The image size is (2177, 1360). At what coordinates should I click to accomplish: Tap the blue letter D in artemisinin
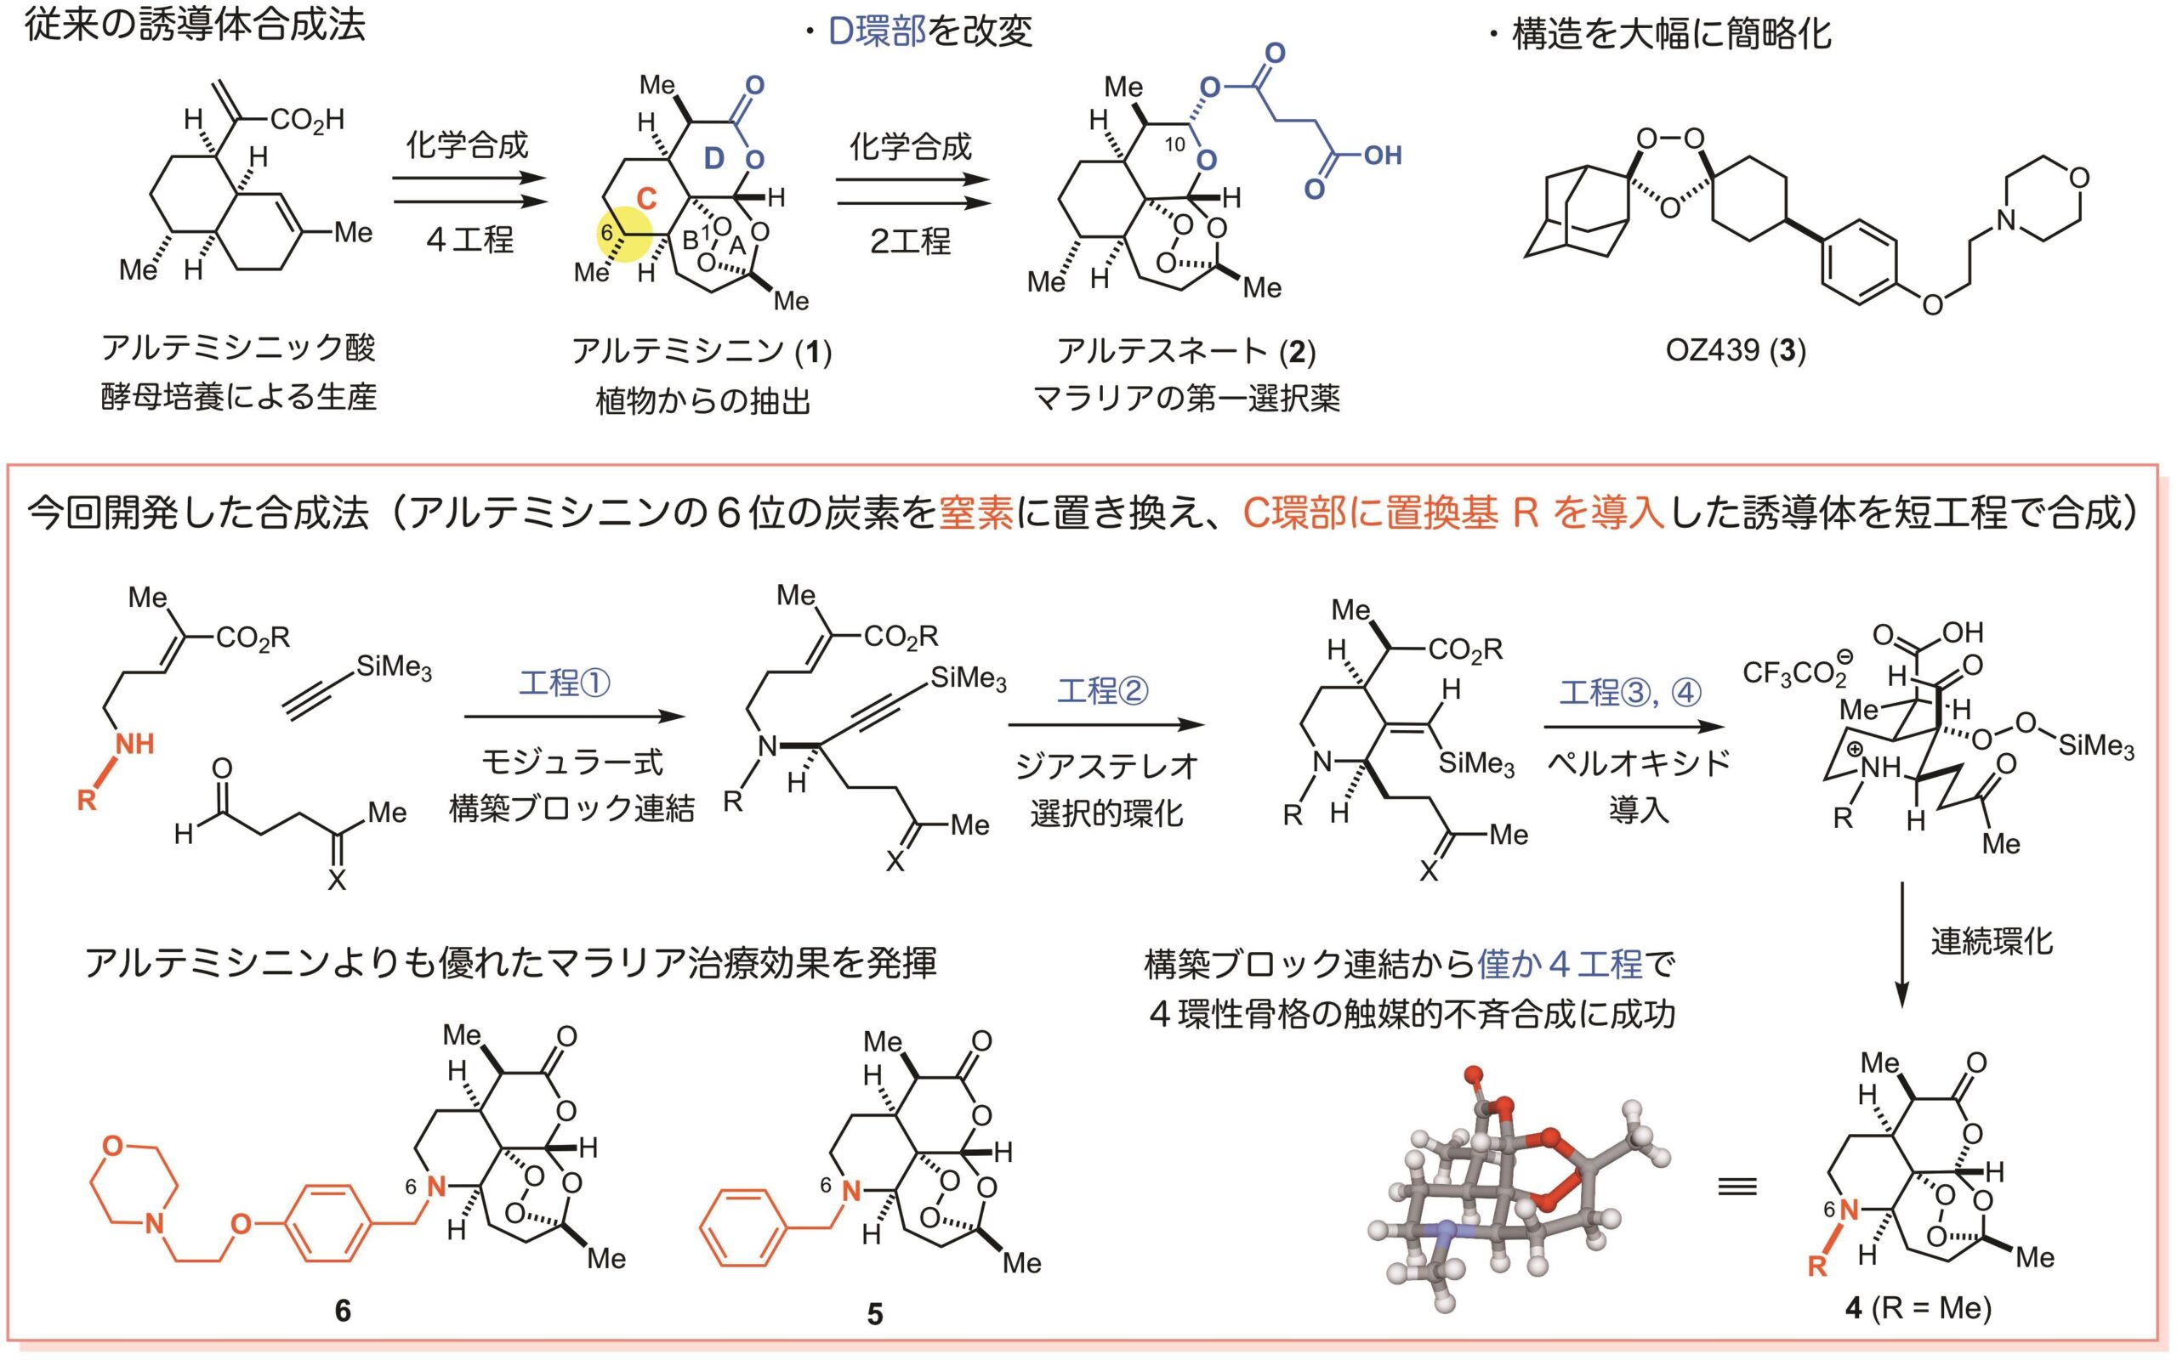tap(713, 159)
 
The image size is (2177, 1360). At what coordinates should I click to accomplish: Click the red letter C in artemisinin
tap(646, 198)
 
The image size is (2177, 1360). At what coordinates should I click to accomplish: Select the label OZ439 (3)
tap(1736, 350)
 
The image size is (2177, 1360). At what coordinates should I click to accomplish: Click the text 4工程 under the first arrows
tap(469, 241)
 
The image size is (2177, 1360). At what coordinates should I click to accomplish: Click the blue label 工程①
tap(564, 683)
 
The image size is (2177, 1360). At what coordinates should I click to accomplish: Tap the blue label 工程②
tap(1102, 691)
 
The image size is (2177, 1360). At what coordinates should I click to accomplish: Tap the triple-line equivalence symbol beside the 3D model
tap(1737, 1187)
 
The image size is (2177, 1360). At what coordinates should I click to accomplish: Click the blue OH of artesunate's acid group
tap(1383, 156)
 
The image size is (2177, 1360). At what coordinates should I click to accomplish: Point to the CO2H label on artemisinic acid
tap(306, 120)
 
